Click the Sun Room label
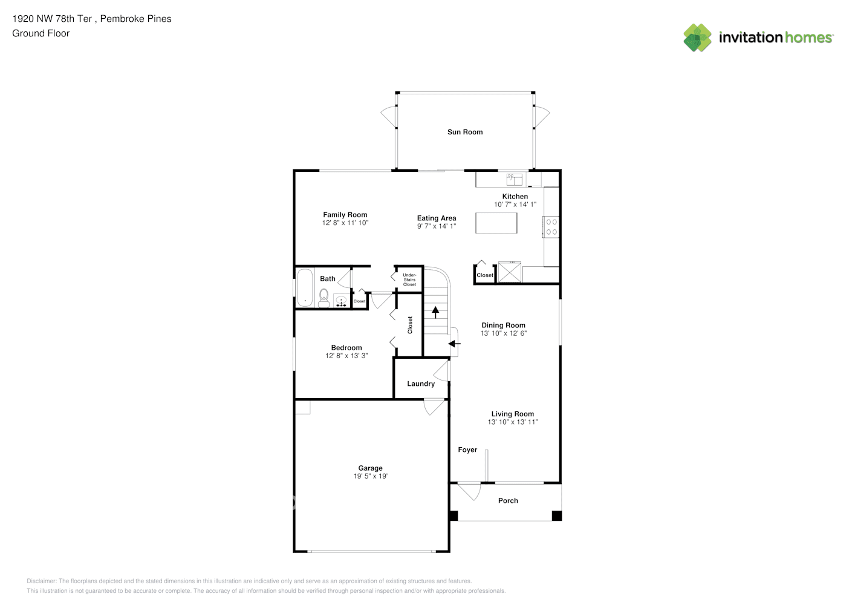465,132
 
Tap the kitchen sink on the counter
514,179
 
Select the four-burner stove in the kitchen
551,227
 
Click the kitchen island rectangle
496,223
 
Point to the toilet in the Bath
323,298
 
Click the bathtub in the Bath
305,287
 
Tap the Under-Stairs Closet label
409,280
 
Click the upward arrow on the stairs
435,312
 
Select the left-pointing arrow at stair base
454,344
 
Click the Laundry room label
421,384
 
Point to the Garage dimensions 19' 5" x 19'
370,476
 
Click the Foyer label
467,450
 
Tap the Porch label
508,501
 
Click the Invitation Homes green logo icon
697,38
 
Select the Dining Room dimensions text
504,333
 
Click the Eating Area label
437,218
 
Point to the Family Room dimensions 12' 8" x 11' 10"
345,223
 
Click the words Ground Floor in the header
41,34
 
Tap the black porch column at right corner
557,515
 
